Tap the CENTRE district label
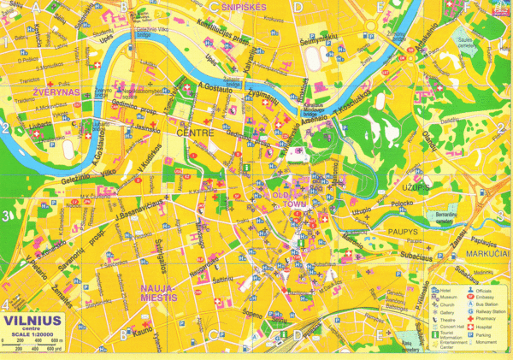click(193, 134)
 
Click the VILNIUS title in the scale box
click(31, 322)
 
